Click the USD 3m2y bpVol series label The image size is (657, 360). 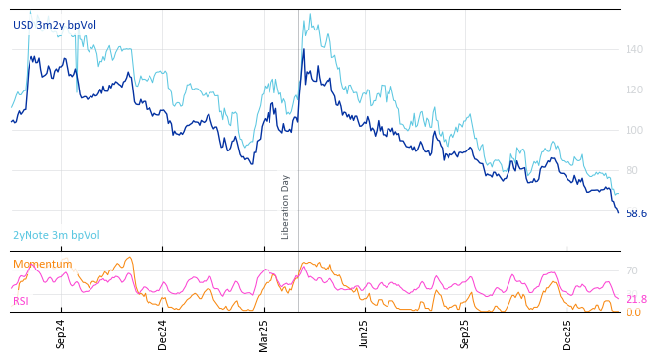(x=54, y=25)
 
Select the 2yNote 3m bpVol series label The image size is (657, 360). (x=56, y=235)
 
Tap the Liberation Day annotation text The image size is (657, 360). (x=286, y=207)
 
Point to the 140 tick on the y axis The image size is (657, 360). (x=634, y=49)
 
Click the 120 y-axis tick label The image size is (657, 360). (x=634, y=90)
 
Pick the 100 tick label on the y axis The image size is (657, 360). (x=634, y=130)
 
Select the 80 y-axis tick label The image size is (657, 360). (x=632, y=170)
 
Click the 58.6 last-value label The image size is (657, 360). (x=636, y=213)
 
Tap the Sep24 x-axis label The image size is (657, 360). (x=61, y=333)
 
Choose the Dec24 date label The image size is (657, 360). (x=163, y=333)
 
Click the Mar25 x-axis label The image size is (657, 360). (x=264, y=333)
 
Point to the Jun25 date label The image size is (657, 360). (x=364, y=333)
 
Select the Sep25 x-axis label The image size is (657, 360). (x=465, y=333)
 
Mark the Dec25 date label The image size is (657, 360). (x=567, y=333)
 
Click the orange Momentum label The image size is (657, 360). (x=42, y=264)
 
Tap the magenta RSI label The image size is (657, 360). (x=21, y=301)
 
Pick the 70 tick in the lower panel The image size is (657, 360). (x=632, y=270)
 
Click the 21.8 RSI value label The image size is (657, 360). (x=636, y=299)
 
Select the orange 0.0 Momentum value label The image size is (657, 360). (x=633, y=312)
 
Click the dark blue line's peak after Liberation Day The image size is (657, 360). (x=303, y=49)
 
